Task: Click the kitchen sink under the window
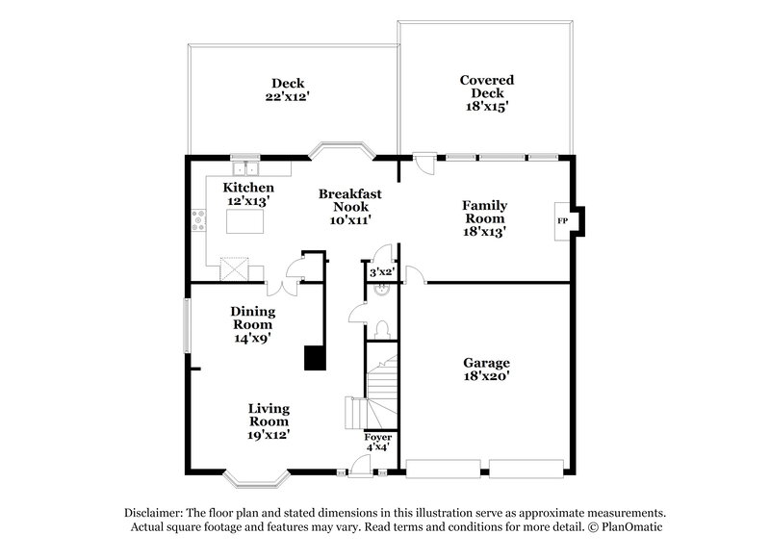click(244, 168)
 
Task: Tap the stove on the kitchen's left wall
click(198, 221)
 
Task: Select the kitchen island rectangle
click(244, 222)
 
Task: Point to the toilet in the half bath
click(384, 329)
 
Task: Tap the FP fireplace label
click(562, 221)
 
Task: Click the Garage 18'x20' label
click(485, 370)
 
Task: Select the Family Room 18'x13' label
click(485, 218)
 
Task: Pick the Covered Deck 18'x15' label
click(486, 94)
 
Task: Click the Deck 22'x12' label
click(288, 89)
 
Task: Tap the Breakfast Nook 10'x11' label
click(349, 207)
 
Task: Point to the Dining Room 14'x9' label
click(253, 324)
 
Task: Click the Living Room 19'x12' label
click(269, 421)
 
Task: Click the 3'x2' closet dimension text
click(382, 273)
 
